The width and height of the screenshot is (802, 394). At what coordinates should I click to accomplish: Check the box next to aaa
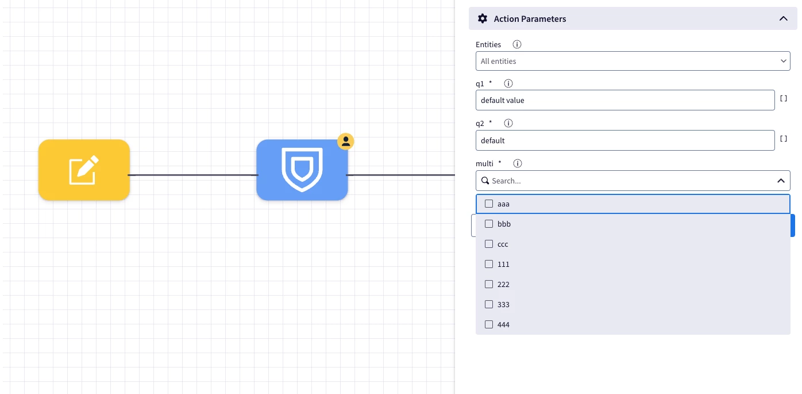[x=489, y=204]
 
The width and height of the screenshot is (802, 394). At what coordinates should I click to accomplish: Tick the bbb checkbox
[x=489, y=224]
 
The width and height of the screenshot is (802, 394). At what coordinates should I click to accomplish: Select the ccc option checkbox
[x=489, y=244]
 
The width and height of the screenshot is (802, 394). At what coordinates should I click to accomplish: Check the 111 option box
[x=489, y=264]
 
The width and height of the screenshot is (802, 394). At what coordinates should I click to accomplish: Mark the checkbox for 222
[x=489, y=284]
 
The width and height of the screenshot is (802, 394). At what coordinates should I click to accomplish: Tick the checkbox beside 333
[x=489, y=304]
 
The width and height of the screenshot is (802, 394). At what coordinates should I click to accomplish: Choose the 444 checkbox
[x=489, y=324]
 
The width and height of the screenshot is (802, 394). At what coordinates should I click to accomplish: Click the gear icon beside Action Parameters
[x=482, y=18]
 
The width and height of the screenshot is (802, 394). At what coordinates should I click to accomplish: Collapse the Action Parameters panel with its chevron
[x=784, y=18]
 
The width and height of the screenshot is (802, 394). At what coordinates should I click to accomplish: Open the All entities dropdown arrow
[x=784, y=61]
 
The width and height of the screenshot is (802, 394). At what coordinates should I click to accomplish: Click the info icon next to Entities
[x=516, y=44]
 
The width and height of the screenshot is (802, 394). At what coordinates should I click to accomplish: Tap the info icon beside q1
[x=508, y=83]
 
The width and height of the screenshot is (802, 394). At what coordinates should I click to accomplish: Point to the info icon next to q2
[x=508, y=123]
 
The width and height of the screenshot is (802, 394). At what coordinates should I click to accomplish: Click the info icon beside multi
[x=518, y=163]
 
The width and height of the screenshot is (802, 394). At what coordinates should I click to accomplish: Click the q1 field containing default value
[x=625, y=100]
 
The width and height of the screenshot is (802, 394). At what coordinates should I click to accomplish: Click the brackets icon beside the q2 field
[x=784, y=139]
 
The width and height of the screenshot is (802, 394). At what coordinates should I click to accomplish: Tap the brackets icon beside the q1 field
[x=784, y=98]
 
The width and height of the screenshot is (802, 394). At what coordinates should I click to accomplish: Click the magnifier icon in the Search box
[x=485, y=181]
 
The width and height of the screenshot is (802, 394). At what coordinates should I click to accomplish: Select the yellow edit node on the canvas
[x=84, y=170]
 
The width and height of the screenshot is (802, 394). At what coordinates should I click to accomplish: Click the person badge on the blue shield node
[x=345, y=141]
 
